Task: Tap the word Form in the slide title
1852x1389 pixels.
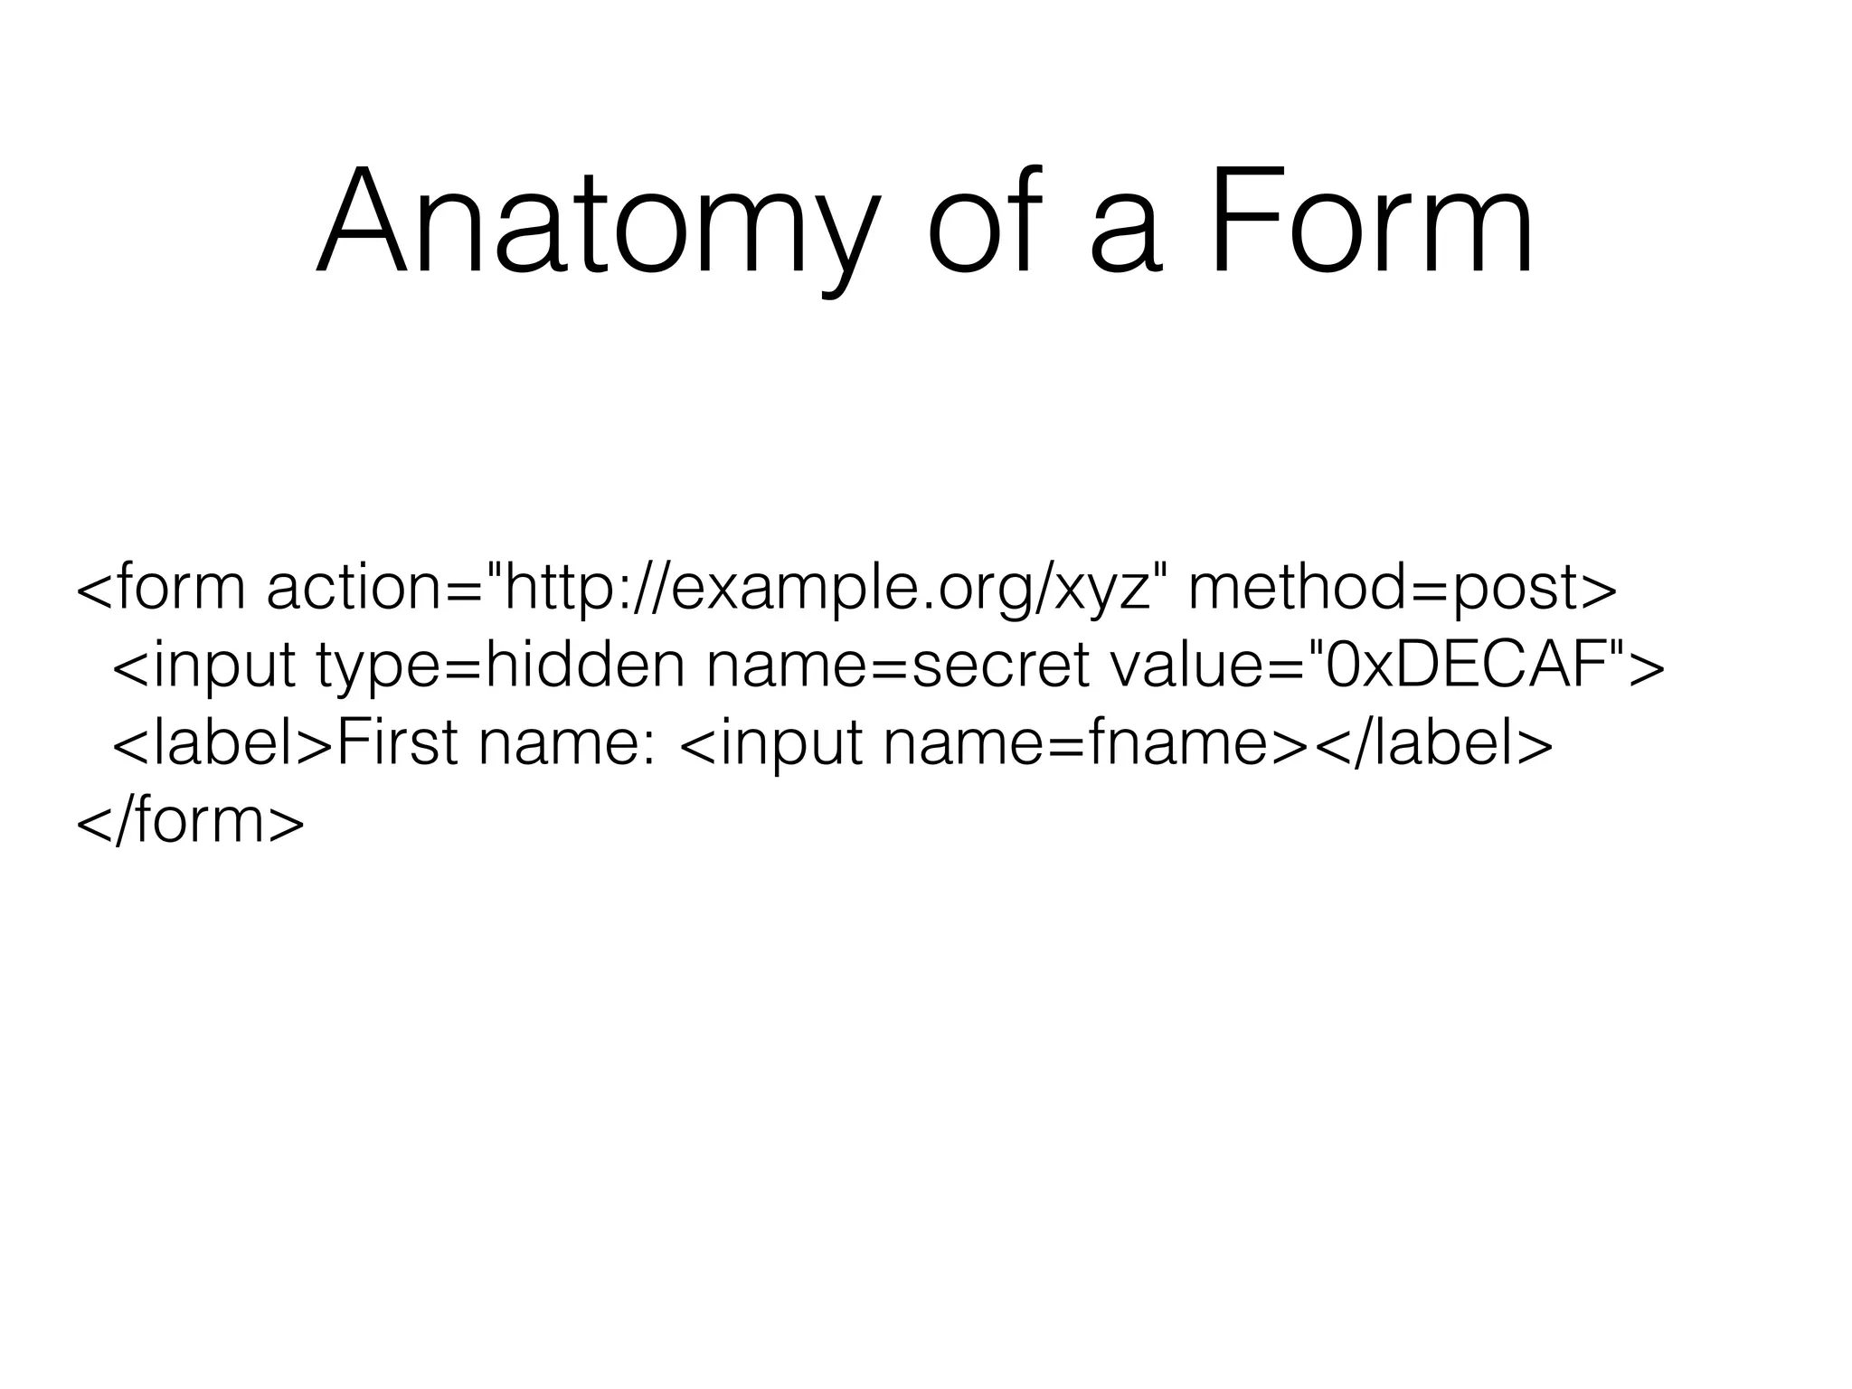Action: pos(1371,222)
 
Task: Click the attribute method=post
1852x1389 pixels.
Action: pos(1402,591)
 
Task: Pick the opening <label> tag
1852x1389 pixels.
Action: pos(222,744)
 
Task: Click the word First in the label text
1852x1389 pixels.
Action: pos(399,744)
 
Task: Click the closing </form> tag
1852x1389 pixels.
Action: pos(191,820)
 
